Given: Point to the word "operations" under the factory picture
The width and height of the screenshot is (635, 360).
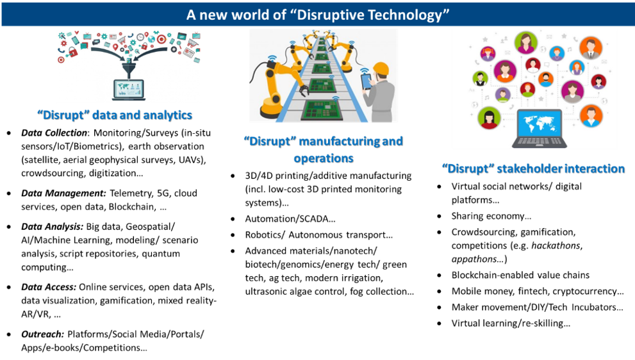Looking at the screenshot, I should (323, 157).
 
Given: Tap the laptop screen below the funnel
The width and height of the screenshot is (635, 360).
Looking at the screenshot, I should (128, 88).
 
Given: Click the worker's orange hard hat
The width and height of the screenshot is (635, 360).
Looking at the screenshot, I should (382, 68).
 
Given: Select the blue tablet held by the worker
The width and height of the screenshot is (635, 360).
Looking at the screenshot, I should (366, 82).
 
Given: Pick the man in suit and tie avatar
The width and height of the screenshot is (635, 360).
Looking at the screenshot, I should (590, 47).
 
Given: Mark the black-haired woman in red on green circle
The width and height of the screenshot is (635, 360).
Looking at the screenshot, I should (489, 118).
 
